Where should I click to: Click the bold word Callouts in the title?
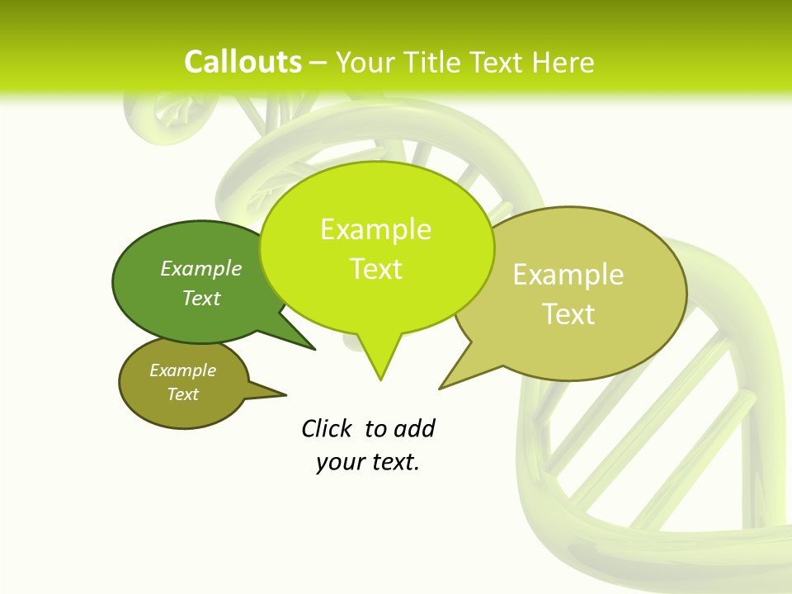[x=243, y=62]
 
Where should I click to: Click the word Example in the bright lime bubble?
[x=375, y=229]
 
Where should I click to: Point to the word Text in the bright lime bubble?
[x=375, y=269]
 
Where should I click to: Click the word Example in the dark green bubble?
[x=201, y=268]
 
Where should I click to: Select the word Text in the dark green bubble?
[x=201, y=298]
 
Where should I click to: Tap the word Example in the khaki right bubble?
[x=568, y=275]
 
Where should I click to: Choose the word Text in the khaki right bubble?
[x=568, y=314]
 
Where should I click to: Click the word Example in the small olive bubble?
[x=182, y=370]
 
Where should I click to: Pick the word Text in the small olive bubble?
[x=182, y=394]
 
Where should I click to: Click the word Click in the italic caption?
[x=327, y=428]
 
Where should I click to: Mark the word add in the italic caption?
[x=414, y=428]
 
